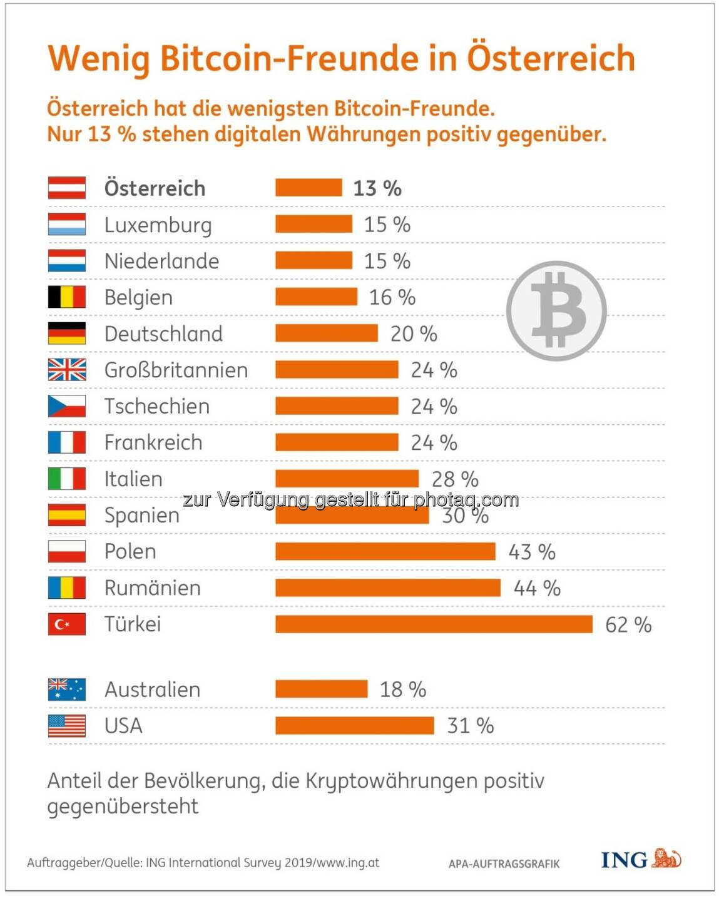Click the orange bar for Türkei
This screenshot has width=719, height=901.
pyautogui.click(x=434, y=624)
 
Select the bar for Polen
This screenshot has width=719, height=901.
pyautogui.click(x=385, y=552)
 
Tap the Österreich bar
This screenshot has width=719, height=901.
pyautogui.click(x=309, y=188)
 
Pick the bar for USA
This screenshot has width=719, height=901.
pyautogui.click(x=354, y=726)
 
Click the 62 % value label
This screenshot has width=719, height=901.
pyautogui.click(x=628, y=624)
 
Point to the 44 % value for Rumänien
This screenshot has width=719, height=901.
pyautogui.click(x=537, y=588)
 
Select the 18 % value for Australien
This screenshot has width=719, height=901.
pyautogui.click(x=403, y=690)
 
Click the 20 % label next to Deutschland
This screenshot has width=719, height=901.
pyautogui.click(x=414, y=334)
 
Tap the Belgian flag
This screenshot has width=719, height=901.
pyautogui.click(x=67, y=297)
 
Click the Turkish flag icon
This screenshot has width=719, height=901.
pyautogui.click(x=67, y=624)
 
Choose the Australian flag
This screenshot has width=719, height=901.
pyautogui.click(x=67, y=690)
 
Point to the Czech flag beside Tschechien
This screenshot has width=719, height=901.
pyautogui.click(x=67, y=406)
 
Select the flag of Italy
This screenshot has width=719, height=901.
pyautogui.click(x=67, y=479)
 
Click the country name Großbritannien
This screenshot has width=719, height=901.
pyautogui.click(x=176, y=370)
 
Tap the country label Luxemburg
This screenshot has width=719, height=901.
pyautogui.click(x=158, y=225)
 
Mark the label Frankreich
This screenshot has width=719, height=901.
pyautogui.click(x=153, y=443)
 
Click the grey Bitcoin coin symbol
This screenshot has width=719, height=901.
pyautogui.click(x=556, y=310)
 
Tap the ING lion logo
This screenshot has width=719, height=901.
pyautogui.click(x=666, y=858)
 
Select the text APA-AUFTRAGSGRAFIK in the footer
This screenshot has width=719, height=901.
pyautogui.click(x=504, y=864)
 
